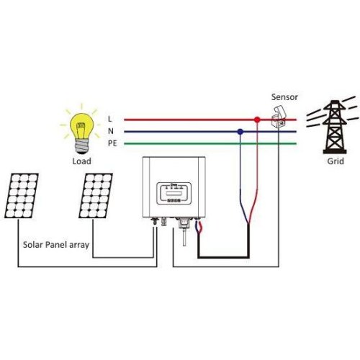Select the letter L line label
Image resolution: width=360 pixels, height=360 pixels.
click(109, 118)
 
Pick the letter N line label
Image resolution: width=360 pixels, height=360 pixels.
click(109, 131)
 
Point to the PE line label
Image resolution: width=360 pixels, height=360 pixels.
click(112, 144)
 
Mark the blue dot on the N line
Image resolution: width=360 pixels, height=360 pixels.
click(240, 131)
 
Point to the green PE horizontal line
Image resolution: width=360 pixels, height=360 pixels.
click(194, 144)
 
